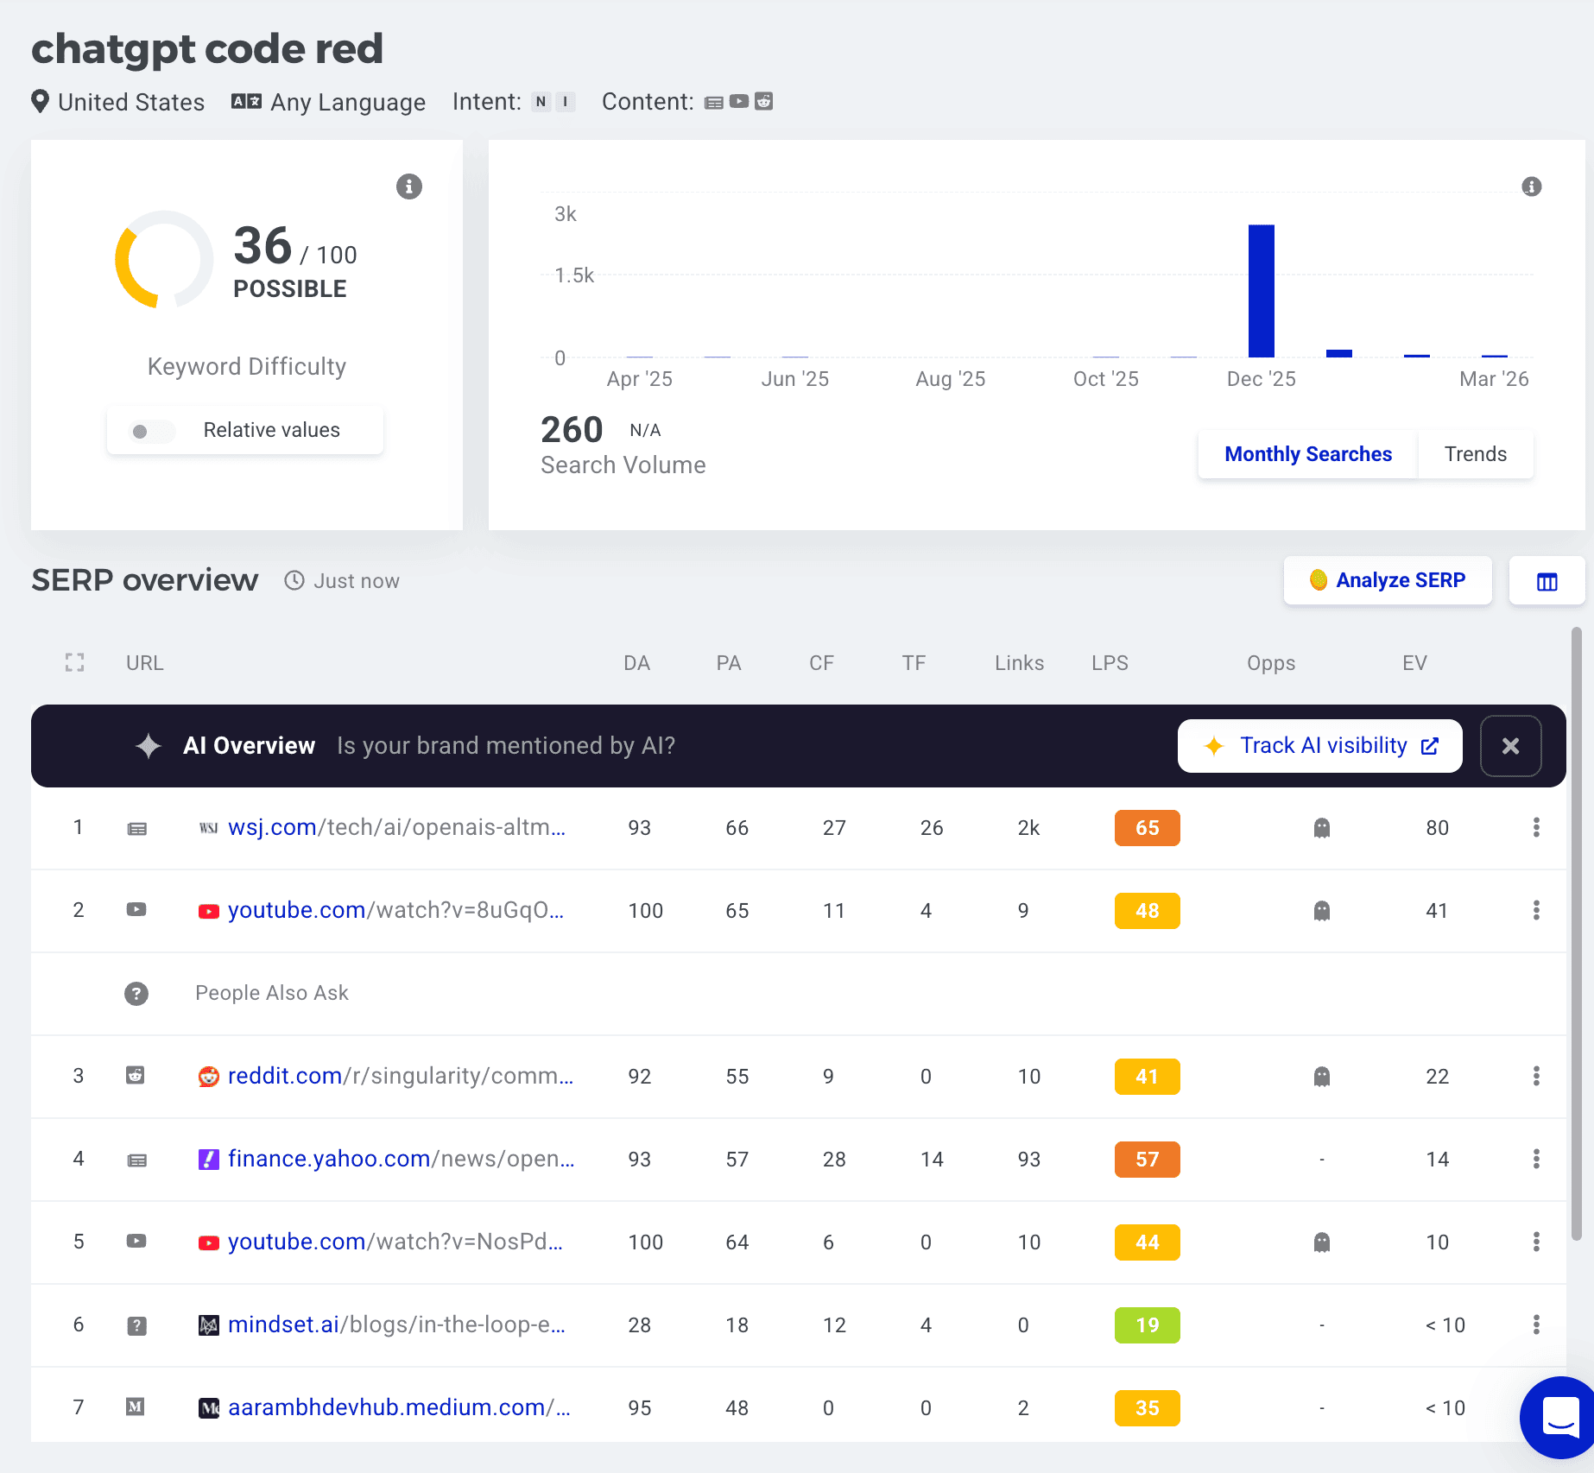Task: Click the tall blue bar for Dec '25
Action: [x=1261, y=291]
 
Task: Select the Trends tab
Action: [x=1475, y=454]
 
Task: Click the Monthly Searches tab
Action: [x=1307, y=454]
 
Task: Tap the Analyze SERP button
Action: [x=1388, y=580]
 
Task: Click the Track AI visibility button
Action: [x=1319, y=746]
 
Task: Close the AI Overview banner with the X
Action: [x=1510, y=746]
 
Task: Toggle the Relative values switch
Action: [x=151, y=431]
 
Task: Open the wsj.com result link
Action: [x=396, y=827]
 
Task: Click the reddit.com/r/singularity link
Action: [x=400, y=1076]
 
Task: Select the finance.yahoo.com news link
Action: [x=401, y=1159]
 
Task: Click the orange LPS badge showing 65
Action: [x=1147, y=828]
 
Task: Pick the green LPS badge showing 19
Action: [x=1147, y=1325]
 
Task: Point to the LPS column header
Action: [x=1110, y=663]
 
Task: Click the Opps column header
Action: [x=1271, y=663]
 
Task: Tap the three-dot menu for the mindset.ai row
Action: [x=1536, y=1324]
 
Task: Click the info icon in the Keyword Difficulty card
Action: [x=409, y=186]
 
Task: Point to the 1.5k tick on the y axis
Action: [x=574, y=275]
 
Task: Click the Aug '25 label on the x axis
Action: [x=950, y=379]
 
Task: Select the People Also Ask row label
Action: [x=272, y=993]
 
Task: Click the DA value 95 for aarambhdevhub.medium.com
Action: [x=640, y=1408]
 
